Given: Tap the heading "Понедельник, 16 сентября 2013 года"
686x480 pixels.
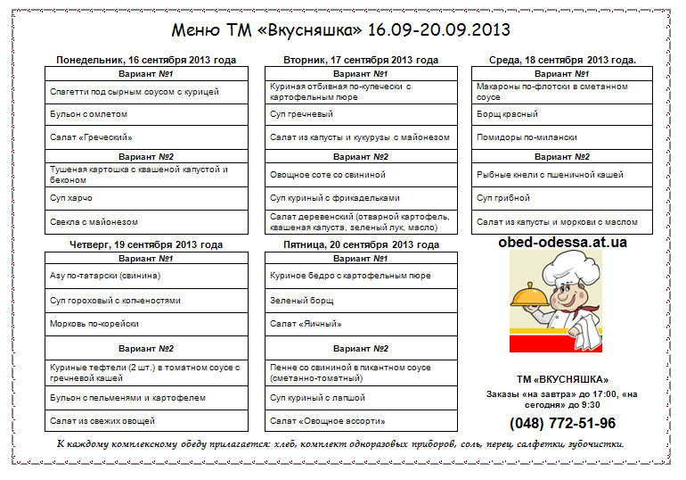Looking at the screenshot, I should click(146, 61).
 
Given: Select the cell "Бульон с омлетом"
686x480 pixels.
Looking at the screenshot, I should click(89, 114).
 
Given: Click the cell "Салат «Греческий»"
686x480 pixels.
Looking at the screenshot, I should click(92, 137).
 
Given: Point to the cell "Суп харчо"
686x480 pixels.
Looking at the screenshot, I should click(71, 198).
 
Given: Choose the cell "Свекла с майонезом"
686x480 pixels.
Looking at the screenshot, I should click(94, 221).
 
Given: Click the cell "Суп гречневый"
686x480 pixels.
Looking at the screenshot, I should click(301, 114).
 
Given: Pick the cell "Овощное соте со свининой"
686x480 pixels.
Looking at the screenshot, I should click(328, 175).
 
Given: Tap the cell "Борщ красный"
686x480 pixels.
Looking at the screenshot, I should click(508, 114).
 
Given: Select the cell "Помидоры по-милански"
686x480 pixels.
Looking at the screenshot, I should click(527, 137).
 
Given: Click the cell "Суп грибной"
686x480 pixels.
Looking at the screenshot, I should click(504, 198).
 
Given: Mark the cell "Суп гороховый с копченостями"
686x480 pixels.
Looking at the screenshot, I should click(116, 301).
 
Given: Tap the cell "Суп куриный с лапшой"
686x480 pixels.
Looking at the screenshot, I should click(318, 397).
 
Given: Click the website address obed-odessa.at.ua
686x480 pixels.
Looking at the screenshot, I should click(562, 242).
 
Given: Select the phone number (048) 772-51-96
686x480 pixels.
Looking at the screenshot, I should click(562, 423).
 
